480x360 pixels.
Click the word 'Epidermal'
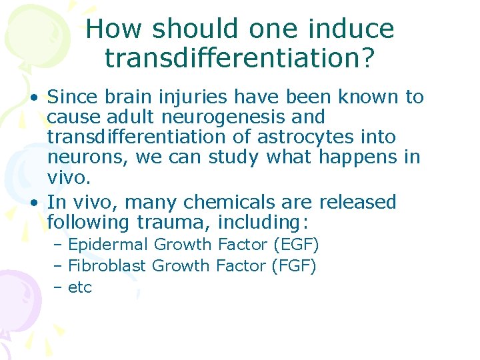tap(106, 245)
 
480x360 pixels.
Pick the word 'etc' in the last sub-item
tap(79, 287)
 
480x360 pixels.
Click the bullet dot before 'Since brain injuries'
tap(33, 97)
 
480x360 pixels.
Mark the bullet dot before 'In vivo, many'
tap(33, 203)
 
